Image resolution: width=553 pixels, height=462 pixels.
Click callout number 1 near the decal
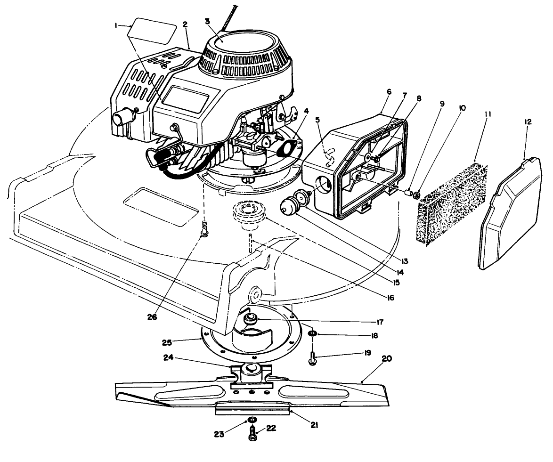click(x=116, y=26)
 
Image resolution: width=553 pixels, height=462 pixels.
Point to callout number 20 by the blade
click(x=386, y=358)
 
